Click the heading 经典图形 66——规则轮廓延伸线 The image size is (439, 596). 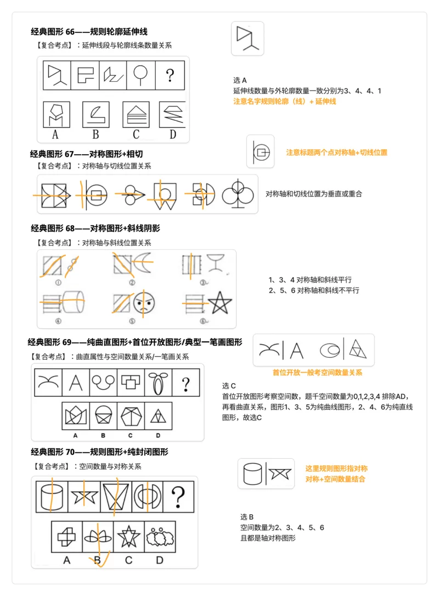pos(89,32)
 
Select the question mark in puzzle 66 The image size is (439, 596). pos(170,75)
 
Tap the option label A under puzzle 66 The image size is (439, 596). pos(55,134)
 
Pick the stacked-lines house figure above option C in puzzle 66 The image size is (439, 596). pos(136,114)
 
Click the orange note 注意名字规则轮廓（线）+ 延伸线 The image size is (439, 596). pos(284,102)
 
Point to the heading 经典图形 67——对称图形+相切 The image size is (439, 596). pos(86,154)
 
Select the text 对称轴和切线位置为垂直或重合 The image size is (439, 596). pos(313,194)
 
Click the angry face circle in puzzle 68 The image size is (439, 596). pos(144,302)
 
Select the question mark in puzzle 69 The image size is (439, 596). pos(185,383)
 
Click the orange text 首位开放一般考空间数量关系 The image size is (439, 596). pos(317,373)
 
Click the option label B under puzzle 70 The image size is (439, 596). pos(98,560)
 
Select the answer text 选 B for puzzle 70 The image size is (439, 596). pos(247,517)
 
